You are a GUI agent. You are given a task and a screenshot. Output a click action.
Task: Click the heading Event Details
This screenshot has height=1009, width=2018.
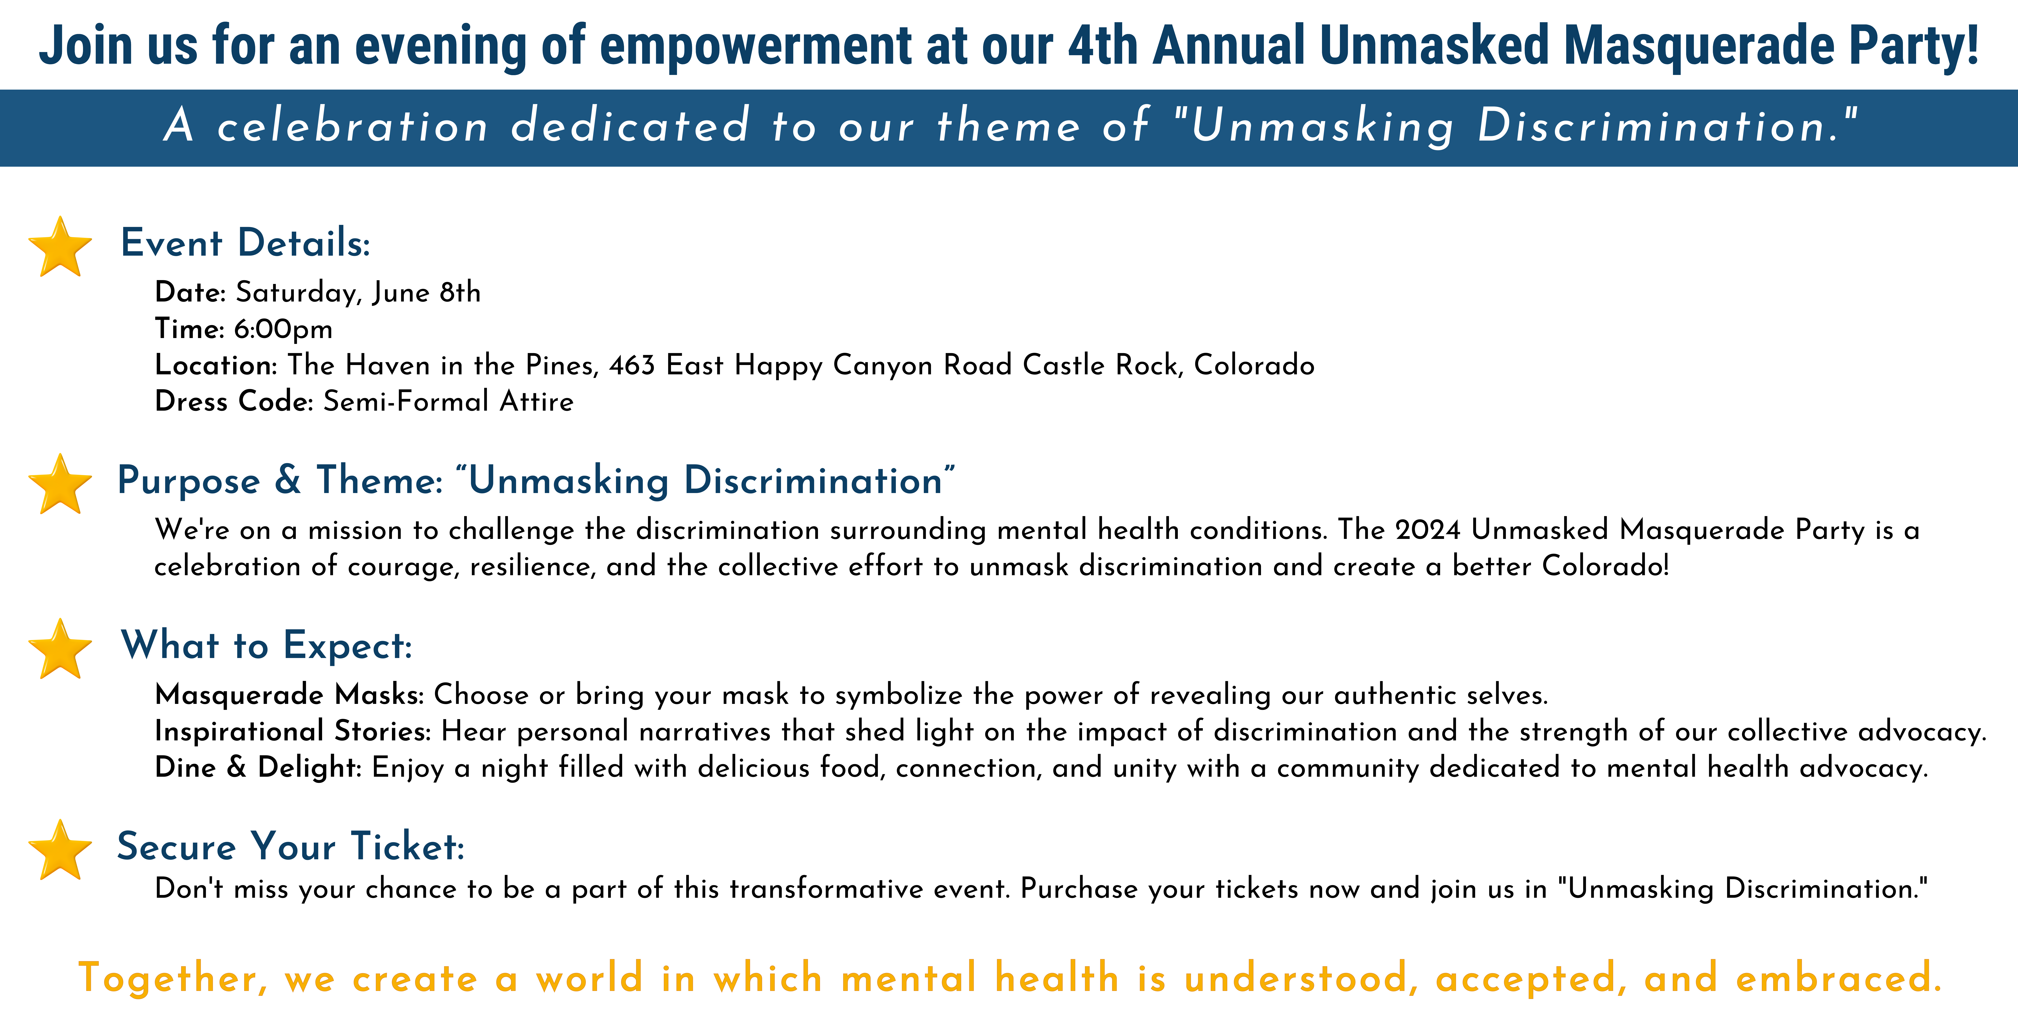[245, 243]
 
